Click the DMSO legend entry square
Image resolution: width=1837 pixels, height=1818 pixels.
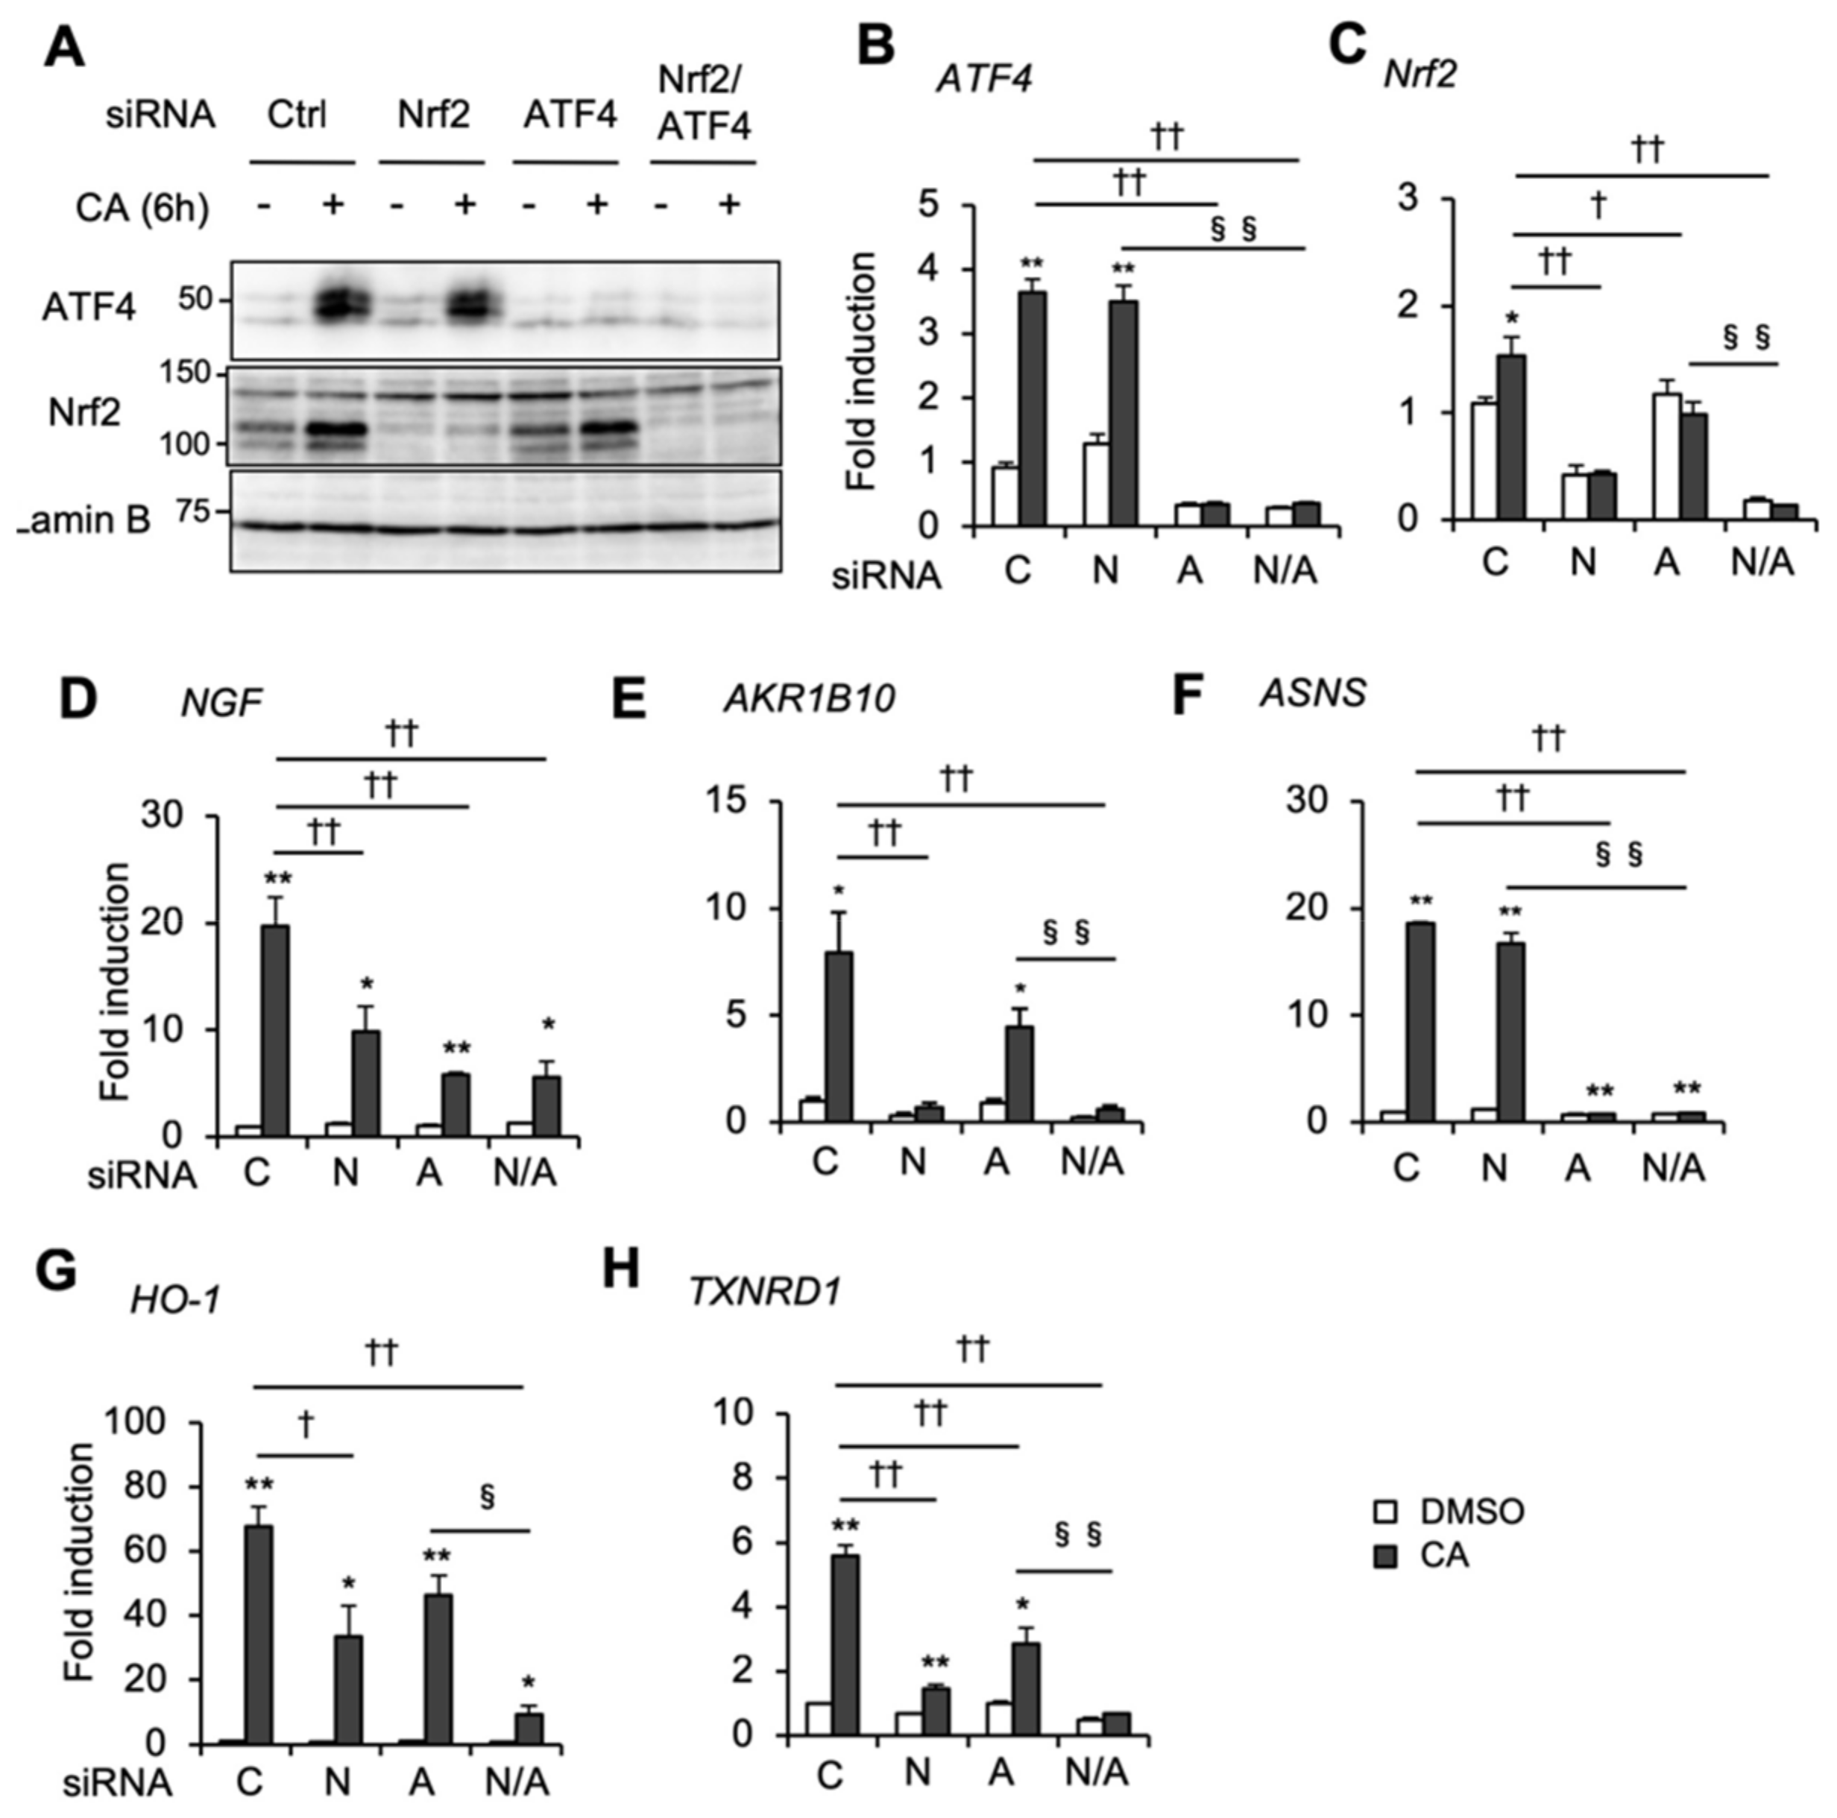pyautogui.click(x=1384, y=1512)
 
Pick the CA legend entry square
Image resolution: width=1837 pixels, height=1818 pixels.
pyautogui.click(x=1384, y=1556)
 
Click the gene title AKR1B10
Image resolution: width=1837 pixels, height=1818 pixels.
pyautogui.click(x=809, y=699)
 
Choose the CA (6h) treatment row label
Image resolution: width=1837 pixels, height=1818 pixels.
pyautogui.click(x=142, y=207)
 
